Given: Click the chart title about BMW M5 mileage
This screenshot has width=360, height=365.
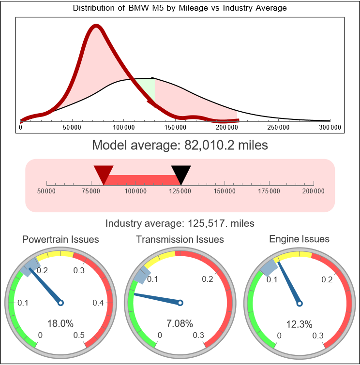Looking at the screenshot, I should tap(180, 8).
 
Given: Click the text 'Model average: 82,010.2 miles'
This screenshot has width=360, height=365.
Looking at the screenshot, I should tap(180, 145).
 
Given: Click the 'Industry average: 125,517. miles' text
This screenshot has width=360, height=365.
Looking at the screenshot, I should tap(180, 223).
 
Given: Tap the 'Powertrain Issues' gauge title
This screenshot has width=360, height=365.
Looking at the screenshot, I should tap(61, 240).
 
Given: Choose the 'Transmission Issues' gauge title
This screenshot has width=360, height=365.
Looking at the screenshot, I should tap(180, 240).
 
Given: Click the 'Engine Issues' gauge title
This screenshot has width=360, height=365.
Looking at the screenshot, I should tap(299, 239).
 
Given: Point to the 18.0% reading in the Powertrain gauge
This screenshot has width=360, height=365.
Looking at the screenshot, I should tap(60, 323).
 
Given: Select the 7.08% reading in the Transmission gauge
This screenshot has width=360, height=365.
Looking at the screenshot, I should tap(180, 323).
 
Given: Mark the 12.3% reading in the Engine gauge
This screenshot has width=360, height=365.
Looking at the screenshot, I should tap(299, 323).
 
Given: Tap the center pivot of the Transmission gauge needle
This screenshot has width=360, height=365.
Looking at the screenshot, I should tap(180, 303).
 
